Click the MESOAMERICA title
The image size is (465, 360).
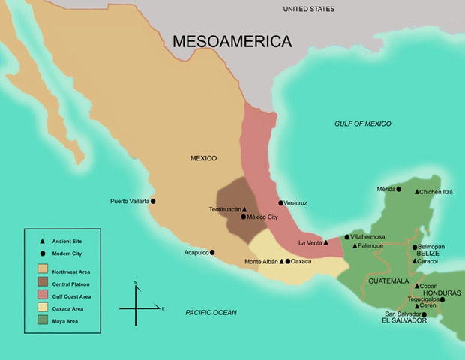pyautogui.click(x=232, y=42)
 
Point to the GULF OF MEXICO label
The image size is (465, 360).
pyautogui.click(x=368, y=124)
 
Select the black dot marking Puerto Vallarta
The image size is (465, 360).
pyautogui.click(x=153, y=201)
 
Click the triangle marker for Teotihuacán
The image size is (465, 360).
pyautogui.click(x=244, y=209)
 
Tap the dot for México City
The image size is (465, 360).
pyautogui.click(x=243, y=217)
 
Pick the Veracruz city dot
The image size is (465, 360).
pyautogui.click(x=280, y=202)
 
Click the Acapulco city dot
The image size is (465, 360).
pyautogui.click(x=212, y=252)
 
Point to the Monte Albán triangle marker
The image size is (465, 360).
pyautogui.click(x=281, y=261)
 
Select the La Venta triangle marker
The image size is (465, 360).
pyautogui.click(x=326, y=242)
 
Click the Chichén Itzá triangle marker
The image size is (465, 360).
pyautogui.click(x=417, y=192)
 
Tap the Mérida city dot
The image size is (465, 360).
pyautogui.click(x=398, y=189)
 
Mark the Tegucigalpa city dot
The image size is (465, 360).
pyautogui.click(x=442, y=299)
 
